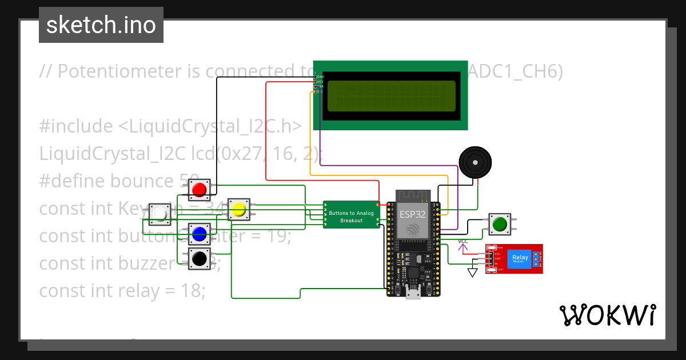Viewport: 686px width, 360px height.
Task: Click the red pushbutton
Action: tap(200, 189)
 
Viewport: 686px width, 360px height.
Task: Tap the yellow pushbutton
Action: tap(238, 210)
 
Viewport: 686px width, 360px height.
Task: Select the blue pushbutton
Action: tap(199, 234)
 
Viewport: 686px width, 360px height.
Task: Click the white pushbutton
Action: tap(160, 214)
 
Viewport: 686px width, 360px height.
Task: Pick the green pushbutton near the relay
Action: tap(500, 224)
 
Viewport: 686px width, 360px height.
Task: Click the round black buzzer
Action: tap(475, 162)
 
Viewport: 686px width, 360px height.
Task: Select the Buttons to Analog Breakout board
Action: tap(351, 217)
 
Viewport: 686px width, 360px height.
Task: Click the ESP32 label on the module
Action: tap(412, 215)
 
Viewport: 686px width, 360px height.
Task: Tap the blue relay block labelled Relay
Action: tap(520, 258)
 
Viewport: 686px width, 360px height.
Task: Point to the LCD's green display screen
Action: tap(391, 95)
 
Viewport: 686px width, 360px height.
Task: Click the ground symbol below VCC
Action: tap(472, 273)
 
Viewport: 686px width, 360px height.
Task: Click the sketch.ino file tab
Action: tap(101, 25)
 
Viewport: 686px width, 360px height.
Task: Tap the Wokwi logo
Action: tap(607, 315)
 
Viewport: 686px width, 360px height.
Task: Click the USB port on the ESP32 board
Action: tap(413, 294)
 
